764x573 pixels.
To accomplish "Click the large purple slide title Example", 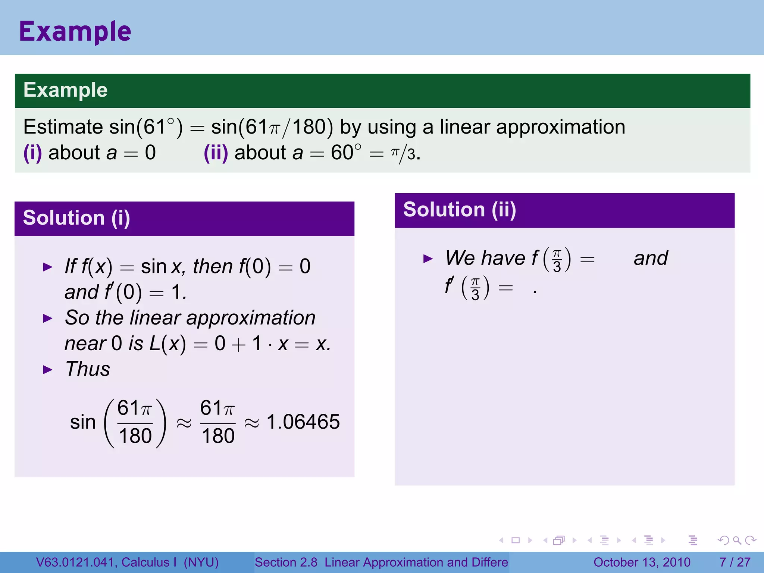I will [x=75, y=32].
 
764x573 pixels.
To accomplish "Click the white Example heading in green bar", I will [x=65, y=90].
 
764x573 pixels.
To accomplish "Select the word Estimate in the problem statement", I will [x=63, y=127].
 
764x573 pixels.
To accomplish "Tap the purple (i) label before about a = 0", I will [x=32, y=153].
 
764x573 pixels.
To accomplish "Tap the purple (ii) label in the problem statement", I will [x=216, y=153].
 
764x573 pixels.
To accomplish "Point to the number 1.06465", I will [x=303, y=422].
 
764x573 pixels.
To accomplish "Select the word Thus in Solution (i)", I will [x=88, y=369].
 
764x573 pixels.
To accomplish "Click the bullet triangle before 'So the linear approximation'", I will [x=48, y=319].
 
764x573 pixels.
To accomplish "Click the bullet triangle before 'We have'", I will [x=428, y=259].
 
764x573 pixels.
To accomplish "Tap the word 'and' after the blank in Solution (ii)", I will [x=651, y=258].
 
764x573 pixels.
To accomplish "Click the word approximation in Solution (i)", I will [x=251, y=318].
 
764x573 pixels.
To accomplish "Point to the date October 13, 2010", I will [x=642, y=562].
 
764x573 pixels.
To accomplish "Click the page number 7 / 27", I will [x=735, y=562].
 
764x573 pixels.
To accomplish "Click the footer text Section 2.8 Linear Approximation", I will [x=381, y=562].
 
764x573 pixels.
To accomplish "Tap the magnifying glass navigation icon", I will [x=737, y=540].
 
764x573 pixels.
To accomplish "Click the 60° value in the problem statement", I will [x=346, y=153].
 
